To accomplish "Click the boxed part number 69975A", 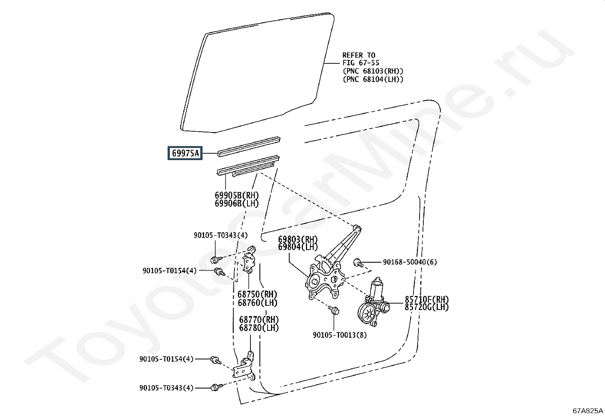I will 185,153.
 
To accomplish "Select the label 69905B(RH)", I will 237,195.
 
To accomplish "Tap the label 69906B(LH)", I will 237,204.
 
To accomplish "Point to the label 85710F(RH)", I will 426,299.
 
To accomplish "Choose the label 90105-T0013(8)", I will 340,335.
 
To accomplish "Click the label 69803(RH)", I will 298,239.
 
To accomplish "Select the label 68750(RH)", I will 257,294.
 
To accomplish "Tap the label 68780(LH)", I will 259,328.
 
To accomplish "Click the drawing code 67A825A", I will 588,411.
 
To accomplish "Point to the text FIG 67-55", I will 361,63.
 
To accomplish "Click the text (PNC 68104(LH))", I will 373,79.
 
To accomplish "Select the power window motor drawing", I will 372,304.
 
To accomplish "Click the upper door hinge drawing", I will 249,260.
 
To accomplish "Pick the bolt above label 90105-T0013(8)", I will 334,310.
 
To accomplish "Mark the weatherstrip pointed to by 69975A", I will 249,146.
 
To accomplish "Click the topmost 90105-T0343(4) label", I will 220,236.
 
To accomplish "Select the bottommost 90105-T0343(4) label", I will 166,388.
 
